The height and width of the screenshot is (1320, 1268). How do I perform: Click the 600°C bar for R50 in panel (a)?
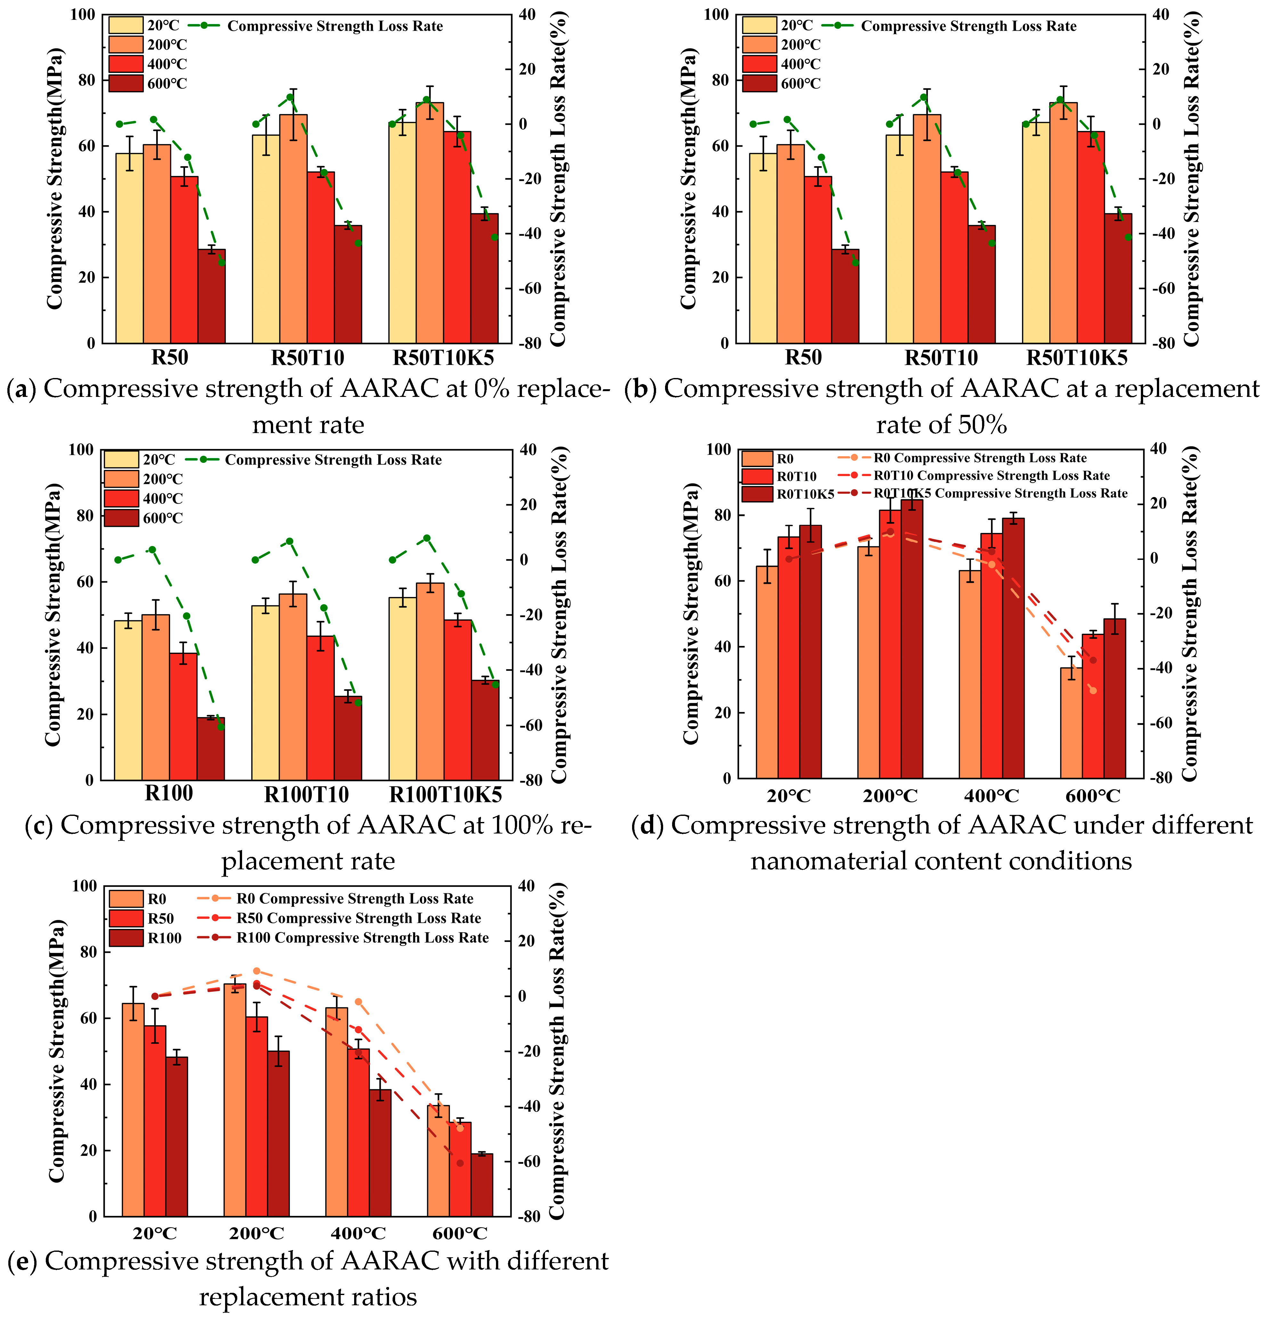click(212, 296)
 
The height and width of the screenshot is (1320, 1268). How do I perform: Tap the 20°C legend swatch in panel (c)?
click(121, 459)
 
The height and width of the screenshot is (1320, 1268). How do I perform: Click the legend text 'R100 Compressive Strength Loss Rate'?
click(362, 938)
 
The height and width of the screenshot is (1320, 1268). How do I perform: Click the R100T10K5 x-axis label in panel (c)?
click(445, 795)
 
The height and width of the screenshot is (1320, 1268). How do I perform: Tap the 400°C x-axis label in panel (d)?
click(991, 796)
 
